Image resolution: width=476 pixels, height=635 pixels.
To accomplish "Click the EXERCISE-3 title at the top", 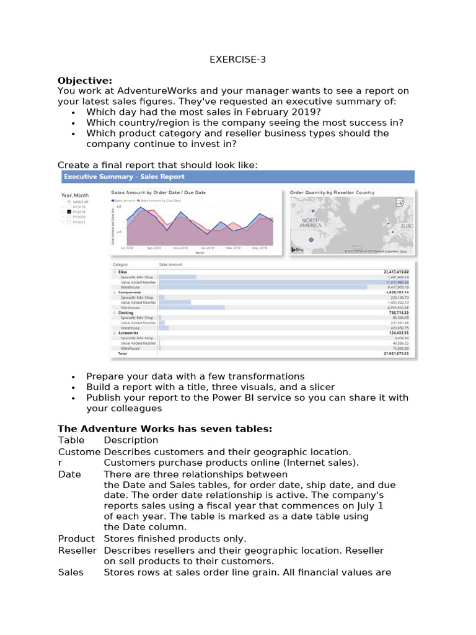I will (x=238, y=60).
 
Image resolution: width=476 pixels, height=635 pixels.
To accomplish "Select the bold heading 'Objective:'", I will (x=85, y=81).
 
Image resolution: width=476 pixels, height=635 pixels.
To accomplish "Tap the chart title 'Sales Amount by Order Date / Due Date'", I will (x=158, y=193).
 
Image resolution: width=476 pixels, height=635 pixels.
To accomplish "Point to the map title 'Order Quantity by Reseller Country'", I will (x=332, y=193).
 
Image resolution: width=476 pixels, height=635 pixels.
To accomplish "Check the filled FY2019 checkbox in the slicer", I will (x=69, y=211).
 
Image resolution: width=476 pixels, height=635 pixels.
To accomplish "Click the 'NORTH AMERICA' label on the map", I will (x=311, y=223).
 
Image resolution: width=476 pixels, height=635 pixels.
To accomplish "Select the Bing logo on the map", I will (x=297, y=249).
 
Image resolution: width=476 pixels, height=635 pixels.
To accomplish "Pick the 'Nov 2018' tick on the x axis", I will (x=180, y=247).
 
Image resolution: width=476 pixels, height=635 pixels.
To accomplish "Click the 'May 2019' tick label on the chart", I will (x=259, y=247).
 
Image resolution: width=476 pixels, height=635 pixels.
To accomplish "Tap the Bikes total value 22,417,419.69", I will (x=397, y=272).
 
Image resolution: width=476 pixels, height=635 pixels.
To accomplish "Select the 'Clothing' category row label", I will (x=126, y=313).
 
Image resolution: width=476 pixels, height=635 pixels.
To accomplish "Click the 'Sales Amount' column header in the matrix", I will (x=172, y=264).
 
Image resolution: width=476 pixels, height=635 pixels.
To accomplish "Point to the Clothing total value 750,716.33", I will (x=399, y=313).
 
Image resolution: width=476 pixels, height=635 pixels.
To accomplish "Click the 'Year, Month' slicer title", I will (x=74, y=195).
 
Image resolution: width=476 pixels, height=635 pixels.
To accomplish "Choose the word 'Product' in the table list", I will (x=76, y=538).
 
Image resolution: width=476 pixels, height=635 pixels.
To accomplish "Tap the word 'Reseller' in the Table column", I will (x=77, y=551).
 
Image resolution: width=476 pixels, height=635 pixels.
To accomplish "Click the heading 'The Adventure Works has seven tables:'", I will (x=165, y=429).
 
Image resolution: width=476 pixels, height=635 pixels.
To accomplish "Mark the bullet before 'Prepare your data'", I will (x=74, y=376).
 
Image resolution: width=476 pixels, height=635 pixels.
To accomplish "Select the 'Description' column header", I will (x=131, y=440).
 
